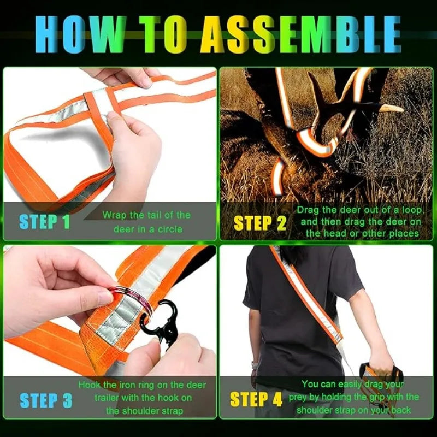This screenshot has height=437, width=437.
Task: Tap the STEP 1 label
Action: click(45, 222)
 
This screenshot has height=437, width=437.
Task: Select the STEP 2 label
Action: click(259, 223)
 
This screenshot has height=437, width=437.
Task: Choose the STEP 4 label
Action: click(256, 399)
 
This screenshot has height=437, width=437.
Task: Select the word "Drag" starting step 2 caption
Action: click(308, 210)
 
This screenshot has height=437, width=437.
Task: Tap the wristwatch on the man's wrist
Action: click(253, 365)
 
